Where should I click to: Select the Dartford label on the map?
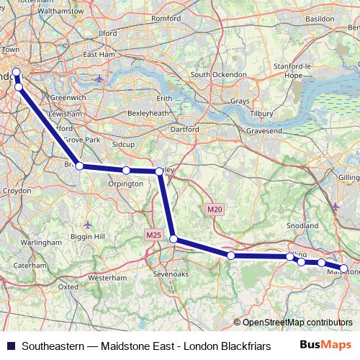pyautogui.click(x=185, y=129)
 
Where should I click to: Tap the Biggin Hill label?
pyautogui.click(x=91, y=236)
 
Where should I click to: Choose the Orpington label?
pyautogui.click(x=125, y=184)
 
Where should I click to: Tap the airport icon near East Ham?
pyautogui.click(x=99, y=78)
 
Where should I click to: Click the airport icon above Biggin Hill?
pyautogui.click(x=87, y=223)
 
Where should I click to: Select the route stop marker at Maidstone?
pyautogui.click(x=343, y=269)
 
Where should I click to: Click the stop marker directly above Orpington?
pyautogui.click(x=126, y=171)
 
